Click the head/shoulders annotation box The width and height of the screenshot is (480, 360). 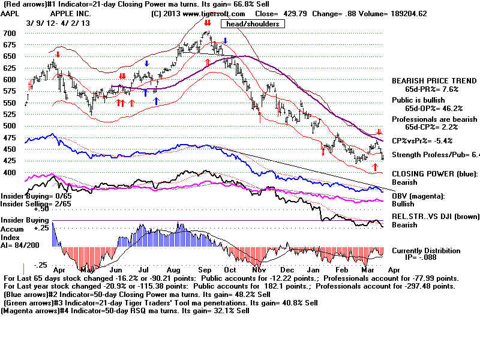(x=253, y=23)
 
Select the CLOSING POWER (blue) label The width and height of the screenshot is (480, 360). (x=433, y=174)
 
